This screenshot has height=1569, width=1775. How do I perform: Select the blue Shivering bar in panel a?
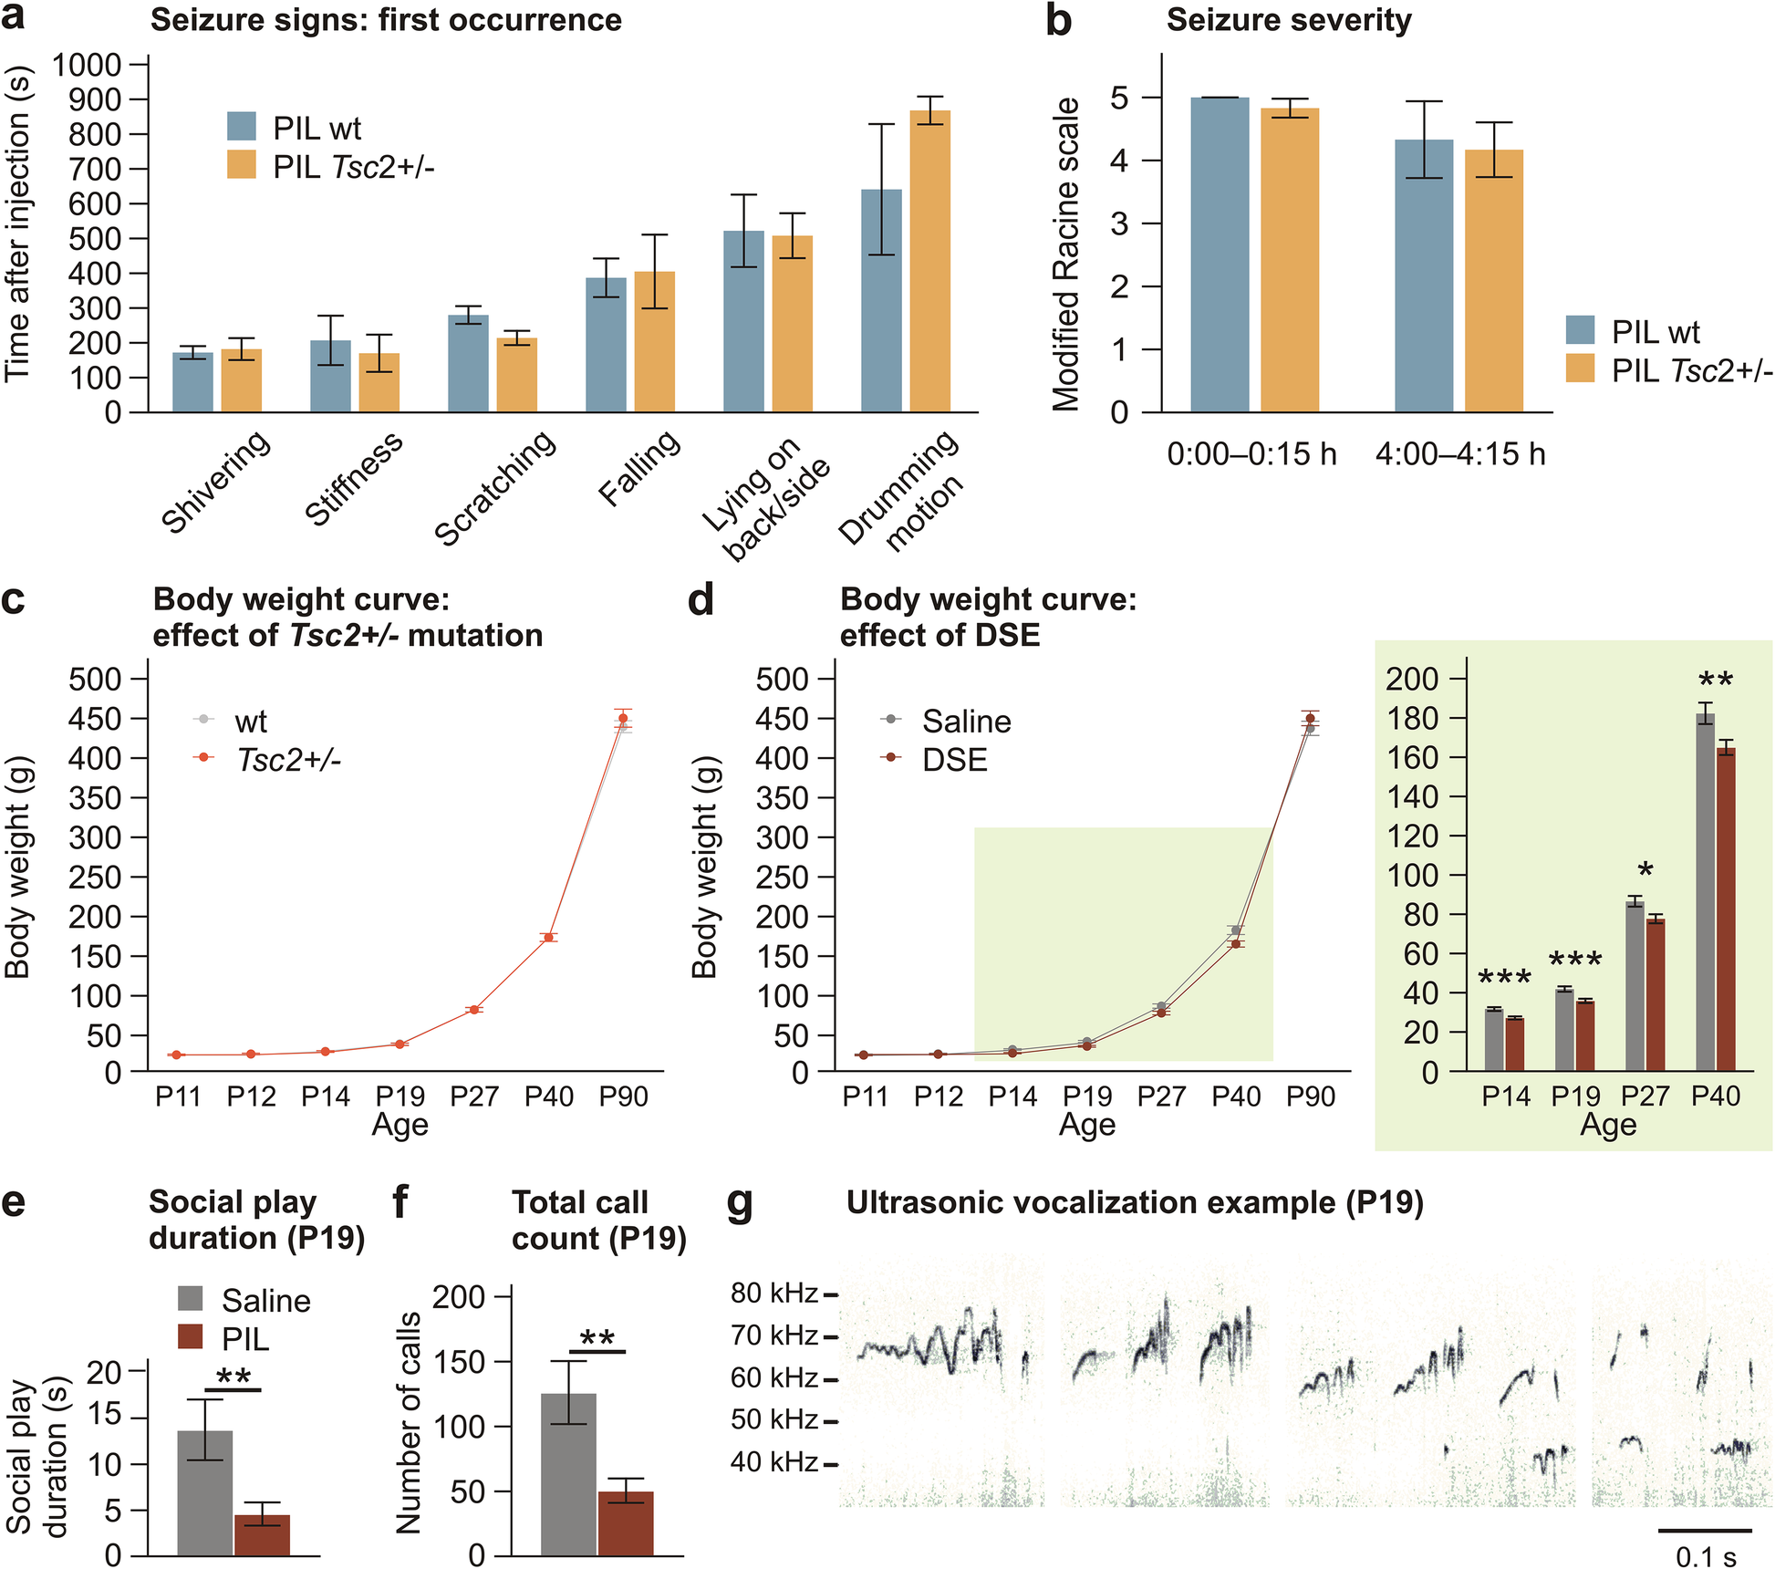pos(192,383)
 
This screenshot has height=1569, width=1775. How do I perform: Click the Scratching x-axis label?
pos(494,488)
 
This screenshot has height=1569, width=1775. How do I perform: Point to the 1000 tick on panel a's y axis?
pos(88,65)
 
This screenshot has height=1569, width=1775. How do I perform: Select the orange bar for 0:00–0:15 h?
pos(1290,261)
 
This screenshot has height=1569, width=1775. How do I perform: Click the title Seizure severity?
pos(1289,20)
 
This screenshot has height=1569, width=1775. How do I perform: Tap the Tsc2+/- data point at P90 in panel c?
pos(624,719)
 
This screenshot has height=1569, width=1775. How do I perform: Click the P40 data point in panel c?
pos(549,938)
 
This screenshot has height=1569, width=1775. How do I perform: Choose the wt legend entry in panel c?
pos(250,722)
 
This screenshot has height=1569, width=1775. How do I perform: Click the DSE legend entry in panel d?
pos(954,760)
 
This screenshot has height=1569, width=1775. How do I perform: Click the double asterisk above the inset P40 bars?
pos(1716,680)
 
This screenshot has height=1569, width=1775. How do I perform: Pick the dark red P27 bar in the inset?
pos(1656,995)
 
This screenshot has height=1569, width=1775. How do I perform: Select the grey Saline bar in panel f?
pos(568,1474)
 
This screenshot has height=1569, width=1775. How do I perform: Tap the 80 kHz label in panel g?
pos(773,1293)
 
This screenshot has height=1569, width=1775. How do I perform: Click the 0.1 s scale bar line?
pos(1705,1530)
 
